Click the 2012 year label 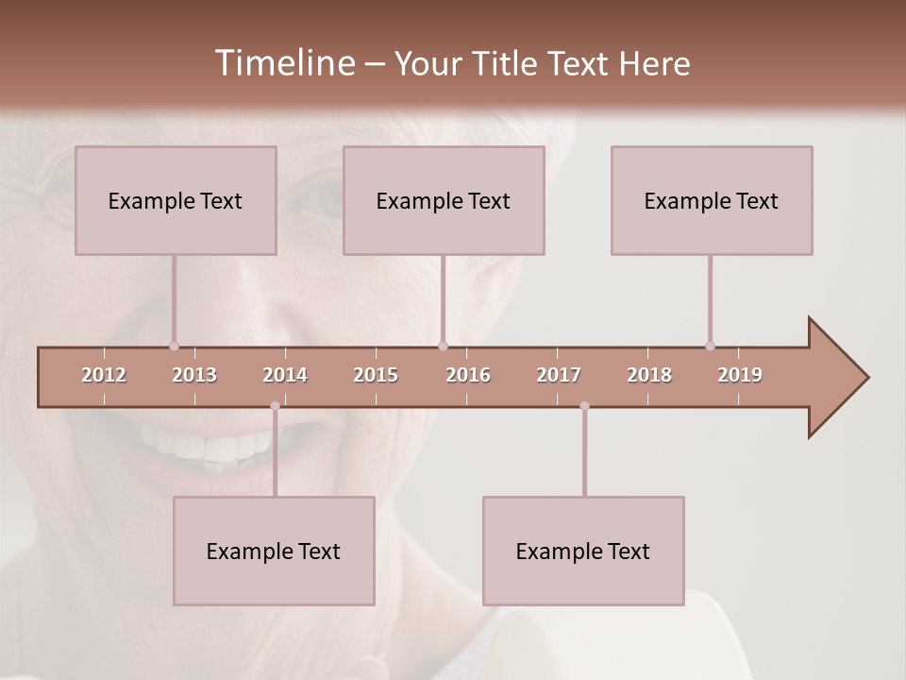click(x=104, y=375)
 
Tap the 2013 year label click(x=194, y=375)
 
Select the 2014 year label click(x=285, y=375)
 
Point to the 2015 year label click(x=376, y=375)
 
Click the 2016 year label click(x=468, y=375)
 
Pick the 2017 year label click(x=559, y=375)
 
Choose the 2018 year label click(x=649, y=375)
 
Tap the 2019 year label click(x=740, y=375)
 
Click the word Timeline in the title click(x=284, y=63)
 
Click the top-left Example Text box click(x=176, y=200)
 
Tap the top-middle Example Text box click(x=444, y=200)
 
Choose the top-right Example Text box click(x=712, y=200)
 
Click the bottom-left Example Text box click(x=274, y=551)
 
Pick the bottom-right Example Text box click(x=583, y=551)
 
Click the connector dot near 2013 click(x=174, y=346)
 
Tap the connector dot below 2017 click(x=584, y=406)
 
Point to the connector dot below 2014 click(x=275, y=406)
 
